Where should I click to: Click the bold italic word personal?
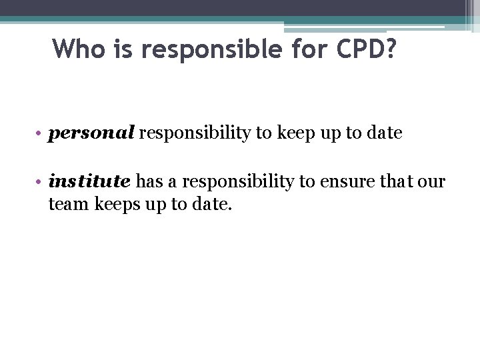tap(91, 133)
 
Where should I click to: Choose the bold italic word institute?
tap(89, 181)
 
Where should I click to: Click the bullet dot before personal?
tap(40, 133)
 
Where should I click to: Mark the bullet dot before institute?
tap(40, 181)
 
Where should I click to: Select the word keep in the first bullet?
tap(291, 133)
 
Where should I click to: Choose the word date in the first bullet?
tap(385, 133)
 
